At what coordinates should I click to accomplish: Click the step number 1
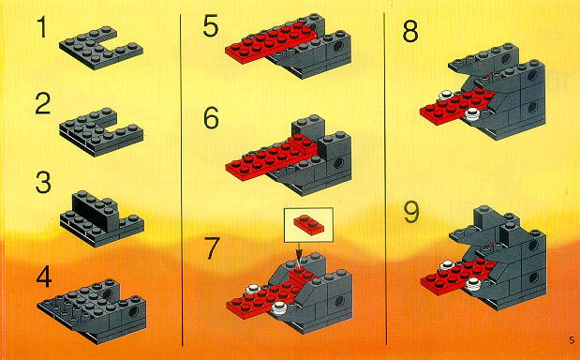pyautogui.click(x=43, y=28)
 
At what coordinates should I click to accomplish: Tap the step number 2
pyautogui.click(x=43, y=104)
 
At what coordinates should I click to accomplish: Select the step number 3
pyautogui.click(x=43, y=183)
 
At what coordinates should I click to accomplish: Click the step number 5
pyautogui.click(x=211, y=25)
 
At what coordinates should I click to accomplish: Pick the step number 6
pyautogui.click(x=211, y=118)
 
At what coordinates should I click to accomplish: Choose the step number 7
pyautogui.click(x=212, y=248)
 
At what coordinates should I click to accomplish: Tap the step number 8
pyautogui.click(x=410, y=31)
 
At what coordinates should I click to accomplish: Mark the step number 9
pyautogui.click(x=411, y=213)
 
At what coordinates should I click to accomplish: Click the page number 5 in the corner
pyautogui.click(x=572, y=340)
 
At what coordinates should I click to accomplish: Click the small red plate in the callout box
pyautogui.click(x=309, y=224)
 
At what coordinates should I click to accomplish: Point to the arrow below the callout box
pyautogui.click(x=300, y=251)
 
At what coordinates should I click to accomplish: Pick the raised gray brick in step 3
pyautogui.click(x=96, y=212)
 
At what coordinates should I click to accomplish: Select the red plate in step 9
pyautogui.click(x=459, y=277)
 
